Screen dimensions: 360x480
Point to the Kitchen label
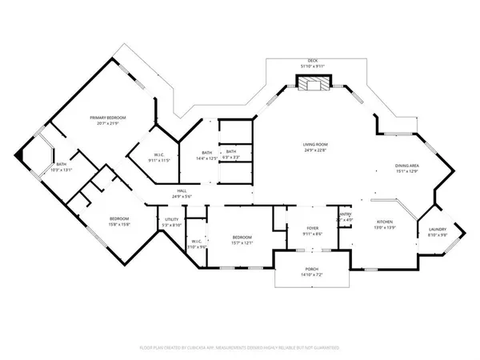click(x=387, y=223)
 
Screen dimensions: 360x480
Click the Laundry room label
click(x=437, y=230)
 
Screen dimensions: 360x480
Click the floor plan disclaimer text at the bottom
click(x=240, y=349)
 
